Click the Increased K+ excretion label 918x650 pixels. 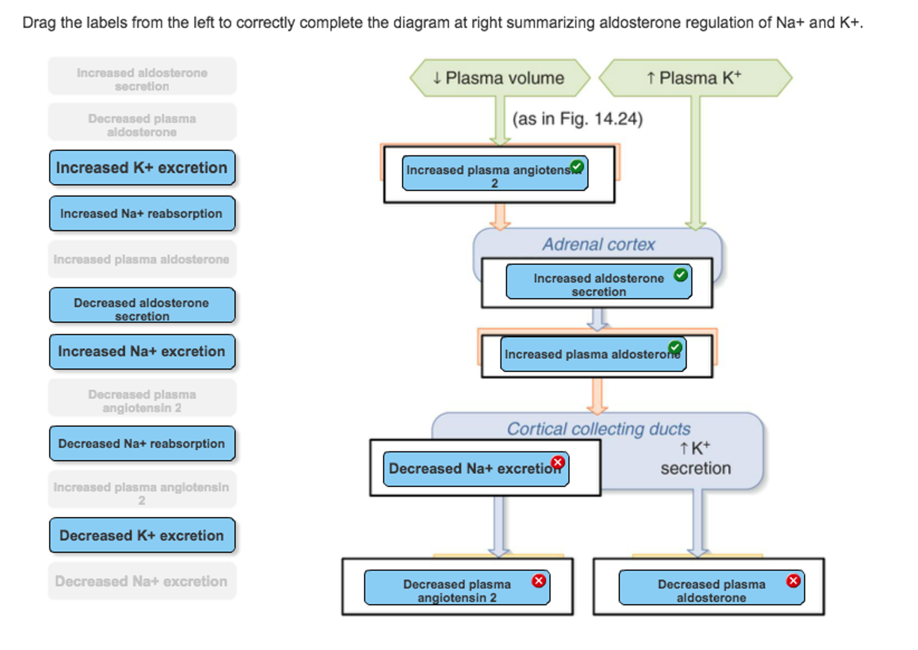(x=142, y=168)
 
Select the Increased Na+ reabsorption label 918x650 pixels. (x=142, y=214)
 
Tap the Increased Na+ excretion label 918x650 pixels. (x=142, y=352)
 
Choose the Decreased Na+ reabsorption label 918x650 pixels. (x=142, y=444)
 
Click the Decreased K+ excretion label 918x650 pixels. (x=142, y=535)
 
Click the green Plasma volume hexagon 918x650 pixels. (x=499, y=78)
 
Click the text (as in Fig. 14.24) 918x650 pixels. (x=577, y=119)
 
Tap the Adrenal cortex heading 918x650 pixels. (x=598, y=244)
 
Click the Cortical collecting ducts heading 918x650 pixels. (x=598, y=429)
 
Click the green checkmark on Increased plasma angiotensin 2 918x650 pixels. (x=577, y=167)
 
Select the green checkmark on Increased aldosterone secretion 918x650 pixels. (x=680, y=275)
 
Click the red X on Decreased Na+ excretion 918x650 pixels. (x=558, y=462)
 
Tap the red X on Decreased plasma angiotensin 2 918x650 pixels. (x=538, y=581)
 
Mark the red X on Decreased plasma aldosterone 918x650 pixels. (x=793, y=581)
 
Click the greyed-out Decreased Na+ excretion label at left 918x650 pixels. (x=142, y=581)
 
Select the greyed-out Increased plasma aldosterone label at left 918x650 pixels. (x=142, y=260)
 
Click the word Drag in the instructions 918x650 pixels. (x=39, y=22)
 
